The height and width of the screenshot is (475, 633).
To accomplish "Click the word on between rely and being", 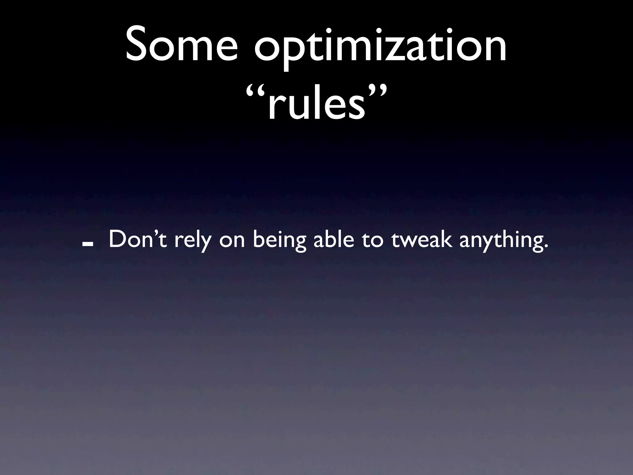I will point(232,241).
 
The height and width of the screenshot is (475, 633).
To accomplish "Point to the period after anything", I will point(546,246).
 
